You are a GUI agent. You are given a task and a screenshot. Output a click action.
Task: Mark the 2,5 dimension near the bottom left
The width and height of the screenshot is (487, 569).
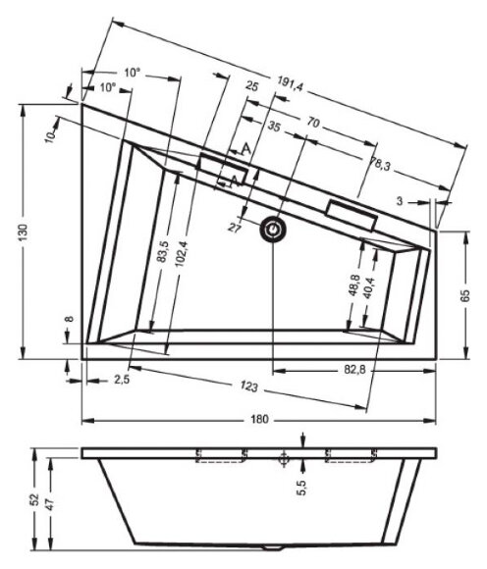[122, 379]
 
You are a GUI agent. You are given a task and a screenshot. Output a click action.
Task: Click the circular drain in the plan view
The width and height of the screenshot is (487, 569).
[274, 229]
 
